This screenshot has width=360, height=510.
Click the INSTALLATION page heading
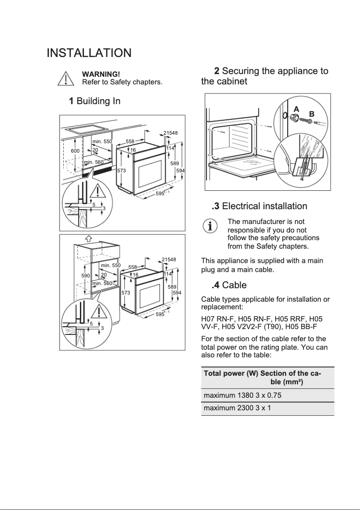point(89,53)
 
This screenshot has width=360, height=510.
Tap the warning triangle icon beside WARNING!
point(66,79)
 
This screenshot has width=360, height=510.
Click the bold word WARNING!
point(101,74)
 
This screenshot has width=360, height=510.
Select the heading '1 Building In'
point(94,101)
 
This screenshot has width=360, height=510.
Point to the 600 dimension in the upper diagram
point(75,151)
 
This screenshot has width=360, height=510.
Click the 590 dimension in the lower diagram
point(86,275)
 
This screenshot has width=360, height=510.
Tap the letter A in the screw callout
point(296,109)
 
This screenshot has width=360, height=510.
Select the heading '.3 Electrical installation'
point(259,206)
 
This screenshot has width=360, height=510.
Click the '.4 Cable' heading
point(229,285)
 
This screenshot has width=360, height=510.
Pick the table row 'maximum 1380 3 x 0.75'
point(243,396)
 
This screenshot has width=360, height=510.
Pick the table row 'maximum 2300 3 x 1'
point(237,409)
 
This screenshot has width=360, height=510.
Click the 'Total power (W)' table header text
point(231,374)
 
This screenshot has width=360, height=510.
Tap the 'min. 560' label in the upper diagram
point(94,162)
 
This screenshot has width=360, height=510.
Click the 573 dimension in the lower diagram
point(126,293)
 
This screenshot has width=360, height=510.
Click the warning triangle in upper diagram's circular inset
point(98,191)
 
